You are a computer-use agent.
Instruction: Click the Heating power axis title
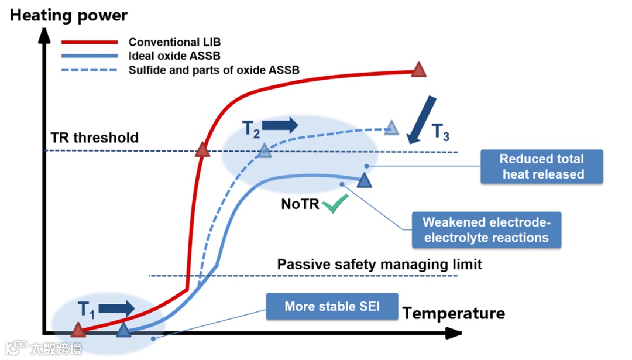tap(68, 16)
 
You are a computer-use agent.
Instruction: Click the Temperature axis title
tap(454, 313)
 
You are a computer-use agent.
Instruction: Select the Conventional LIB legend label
tap(174, 42)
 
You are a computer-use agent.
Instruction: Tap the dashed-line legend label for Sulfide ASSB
tap(214, 70)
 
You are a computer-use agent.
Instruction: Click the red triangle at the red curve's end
tap(418, 70)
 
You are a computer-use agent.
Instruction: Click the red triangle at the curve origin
tap(78, 331)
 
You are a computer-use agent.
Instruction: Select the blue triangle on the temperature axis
tap(123, 331)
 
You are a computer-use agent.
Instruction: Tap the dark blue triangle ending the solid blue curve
tap(365, 180)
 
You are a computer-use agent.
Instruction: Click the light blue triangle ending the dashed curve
tap(391, 128)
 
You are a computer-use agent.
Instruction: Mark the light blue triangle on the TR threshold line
tap(265, 150)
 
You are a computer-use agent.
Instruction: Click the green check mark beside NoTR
tap(335, 204)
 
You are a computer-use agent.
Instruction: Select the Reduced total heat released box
tap(542, 166)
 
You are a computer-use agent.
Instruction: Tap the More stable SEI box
tap(332, 307)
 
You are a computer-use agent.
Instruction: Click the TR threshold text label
tap(95, 138)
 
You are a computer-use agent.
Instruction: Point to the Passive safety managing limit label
tap(379, 264)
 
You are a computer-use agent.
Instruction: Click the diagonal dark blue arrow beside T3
tap(421, 120)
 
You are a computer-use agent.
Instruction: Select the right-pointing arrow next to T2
tap(280, 125)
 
